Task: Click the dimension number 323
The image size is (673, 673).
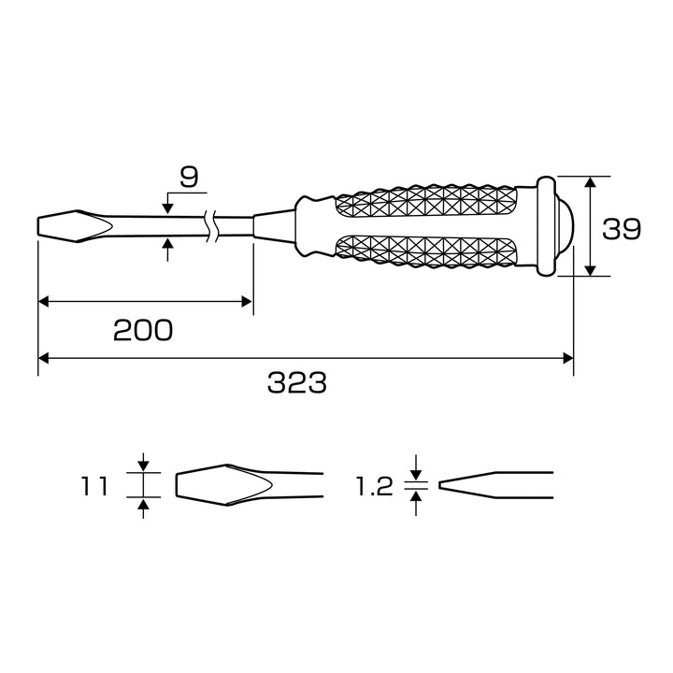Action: tap(297, 383)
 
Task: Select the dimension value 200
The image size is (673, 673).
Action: tap(143, 331)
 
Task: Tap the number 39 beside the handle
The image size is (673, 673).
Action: tap(622, 229)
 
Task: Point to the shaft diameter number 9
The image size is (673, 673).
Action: tap(189, 178)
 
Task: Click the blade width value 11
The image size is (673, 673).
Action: tap(94, 486)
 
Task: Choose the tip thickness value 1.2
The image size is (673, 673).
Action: tap(374, 486)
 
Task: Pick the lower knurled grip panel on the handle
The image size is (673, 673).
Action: tap(425, 251)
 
